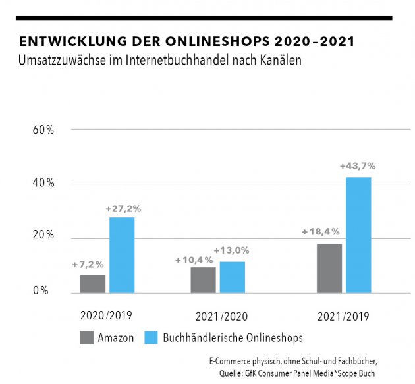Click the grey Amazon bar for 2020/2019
click(93, 284)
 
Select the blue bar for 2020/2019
click(122, 255)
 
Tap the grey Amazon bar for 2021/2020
click(204, 280)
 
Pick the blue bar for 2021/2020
click(233, 277)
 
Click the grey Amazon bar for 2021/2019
click(329, 268)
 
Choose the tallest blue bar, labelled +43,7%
click(358, 235)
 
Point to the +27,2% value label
click(123, 209)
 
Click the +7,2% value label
click(88, 265)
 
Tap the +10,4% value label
click(194, 260)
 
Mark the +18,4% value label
click(321, 232)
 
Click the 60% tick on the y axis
click(43, 130)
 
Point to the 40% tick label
click(43, 184)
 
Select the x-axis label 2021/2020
click(222, 316)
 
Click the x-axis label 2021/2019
click(342, 316)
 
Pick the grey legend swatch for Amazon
click(86, 338)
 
